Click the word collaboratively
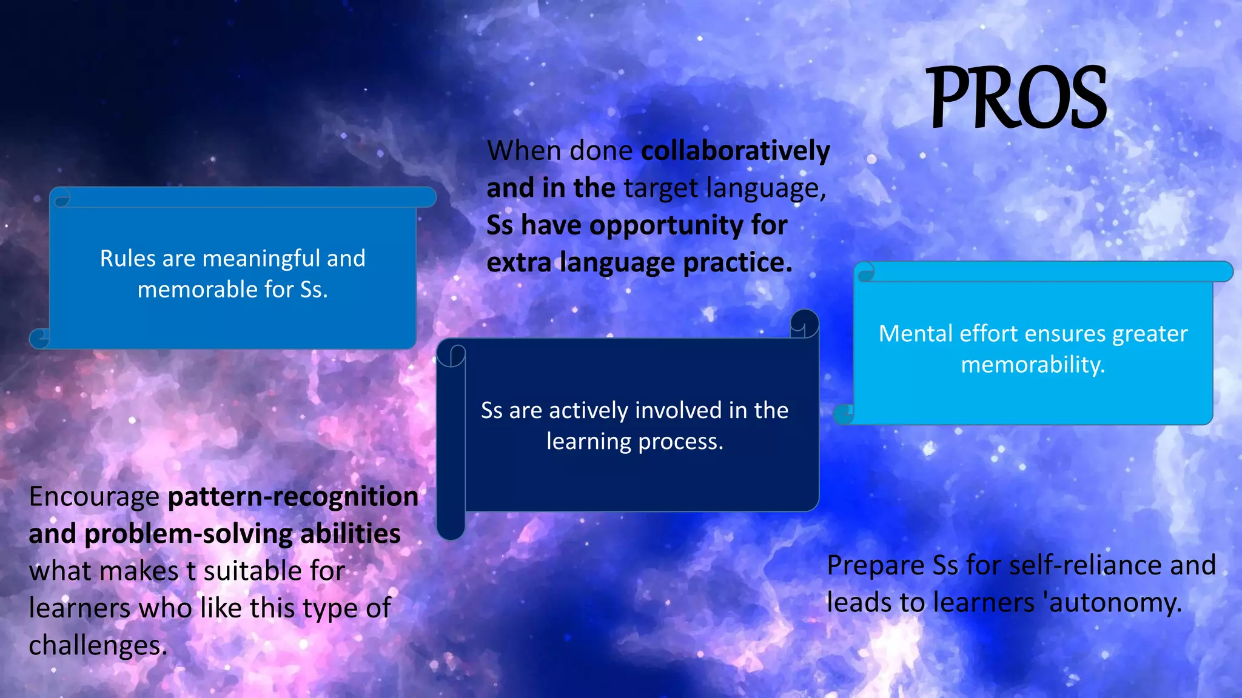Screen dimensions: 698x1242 (x=736, y=151)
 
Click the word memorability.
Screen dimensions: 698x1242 (x=1033, y=365)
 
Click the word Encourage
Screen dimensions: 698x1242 (x=94, y=497)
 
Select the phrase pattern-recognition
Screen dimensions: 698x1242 (x=293, y=497)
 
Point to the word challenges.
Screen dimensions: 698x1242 (x=97, y=646)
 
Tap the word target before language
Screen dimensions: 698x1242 (x=660, y=188)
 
